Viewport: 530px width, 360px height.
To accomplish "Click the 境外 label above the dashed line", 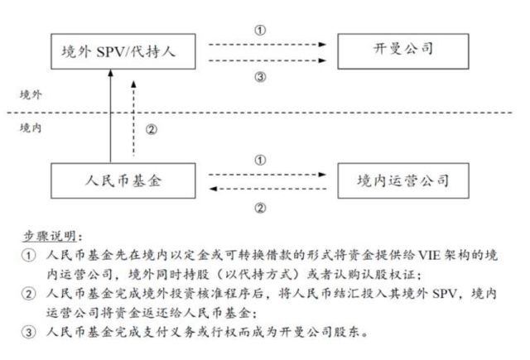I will coord(31,95).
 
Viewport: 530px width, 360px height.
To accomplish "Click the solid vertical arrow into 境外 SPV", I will coord(110,116).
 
